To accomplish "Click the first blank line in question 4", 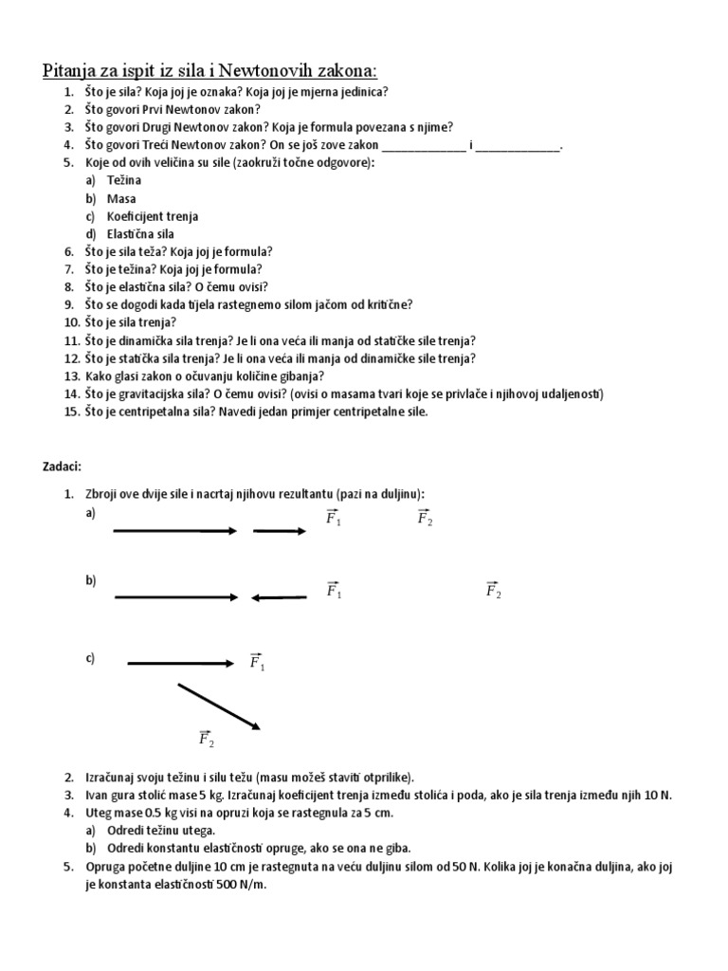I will [x=423, y=147].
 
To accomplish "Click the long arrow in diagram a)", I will [x=175, y=531].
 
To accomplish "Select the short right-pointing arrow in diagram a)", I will [x=280, y=531].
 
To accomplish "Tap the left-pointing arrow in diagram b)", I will [x=279, y=597].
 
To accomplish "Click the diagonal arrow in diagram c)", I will [x=219, y=707].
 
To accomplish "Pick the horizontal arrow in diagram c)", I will [x=180, y=663].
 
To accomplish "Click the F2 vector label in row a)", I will [x=425, y=518].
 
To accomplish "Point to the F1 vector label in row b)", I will [x=334, y=590].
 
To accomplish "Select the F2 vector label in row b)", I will [x=493, y=590].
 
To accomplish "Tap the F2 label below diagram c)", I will [x=207, y=738].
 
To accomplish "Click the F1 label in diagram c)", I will [x=257, y=661].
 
